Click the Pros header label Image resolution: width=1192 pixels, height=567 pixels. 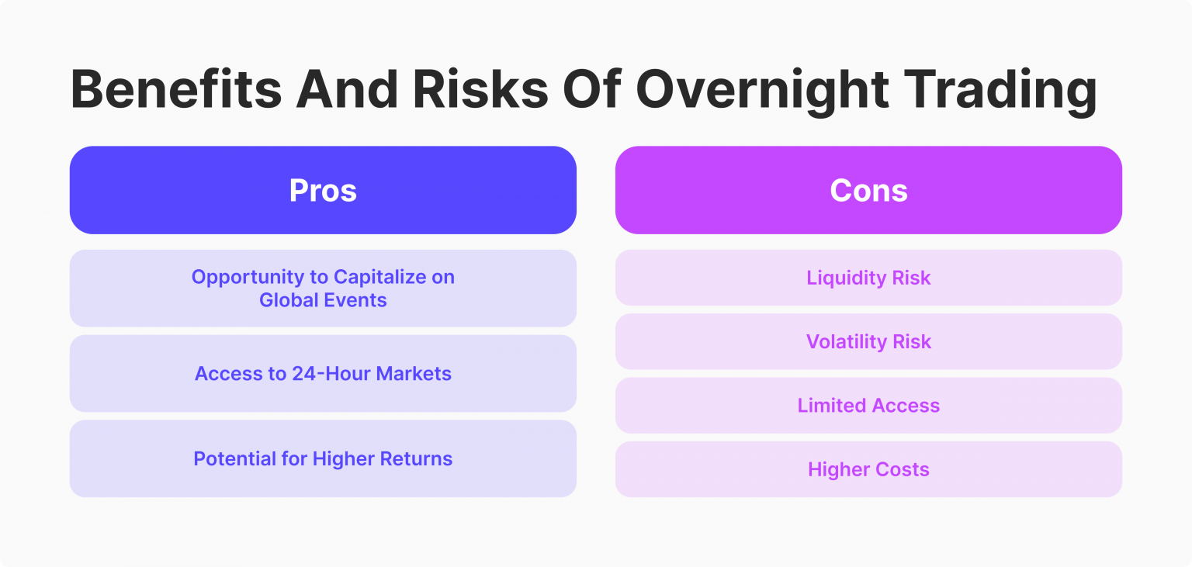(323, 191)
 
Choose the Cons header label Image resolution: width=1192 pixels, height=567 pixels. (868, 191)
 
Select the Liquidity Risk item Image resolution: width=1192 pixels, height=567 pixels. (868, 278)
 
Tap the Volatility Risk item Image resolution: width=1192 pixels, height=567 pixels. (868, 342)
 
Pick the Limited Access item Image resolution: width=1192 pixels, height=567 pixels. (868, 406)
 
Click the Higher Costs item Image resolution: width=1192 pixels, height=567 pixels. (868, 469)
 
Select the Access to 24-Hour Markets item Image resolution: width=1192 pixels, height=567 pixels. (323, 374)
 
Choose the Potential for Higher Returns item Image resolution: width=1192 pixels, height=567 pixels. (323, 459)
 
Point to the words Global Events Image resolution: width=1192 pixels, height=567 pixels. (323, 301)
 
